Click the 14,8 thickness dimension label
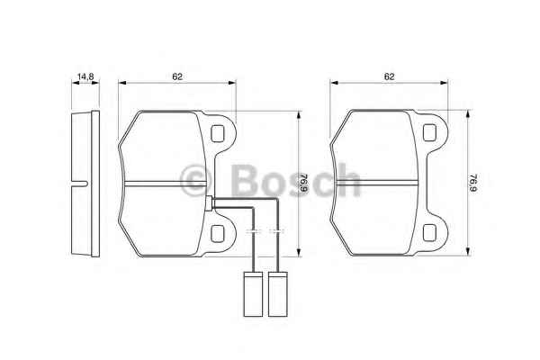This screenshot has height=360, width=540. pyautogui.click(x=85, y=76)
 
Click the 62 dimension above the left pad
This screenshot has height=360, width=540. pyautogui.click(x=177, y=76)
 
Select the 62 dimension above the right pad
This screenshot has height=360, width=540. pyautogui.click(x=389, y=76)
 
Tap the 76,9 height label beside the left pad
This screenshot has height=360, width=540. pyautogui.click(x=304, y=184)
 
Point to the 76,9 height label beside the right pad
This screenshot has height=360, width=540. pyautogui.click(x=473, y=183)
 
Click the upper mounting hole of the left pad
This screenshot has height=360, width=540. pyautogui.click(x=217, y=134)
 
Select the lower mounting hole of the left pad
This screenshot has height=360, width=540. pyautogui.click(x=217, y=233)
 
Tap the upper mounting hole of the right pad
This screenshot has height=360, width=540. pyautogui.click(x=429, y=132)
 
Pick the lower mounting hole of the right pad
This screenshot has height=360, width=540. pyautogui.click(x=429, y=232)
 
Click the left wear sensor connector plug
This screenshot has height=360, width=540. pyautogui.click(x=253, y=294)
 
